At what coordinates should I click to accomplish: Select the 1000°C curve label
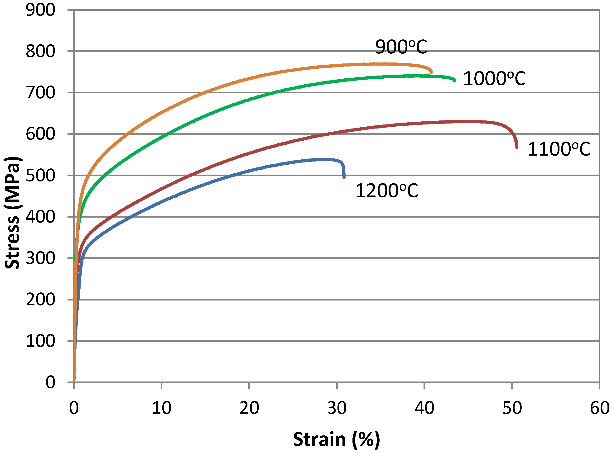click(494, 79)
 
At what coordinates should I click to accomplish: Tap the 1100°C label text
click(559, 149)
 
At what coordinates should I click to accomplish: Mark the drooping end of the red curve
click(516, 147)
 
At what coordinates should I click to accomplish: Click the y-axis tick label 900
click(40, 10)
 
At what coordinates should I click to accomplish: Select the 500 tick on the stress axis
click(40, 176)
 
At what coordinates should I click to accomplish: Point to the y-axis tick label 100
click(40, 341)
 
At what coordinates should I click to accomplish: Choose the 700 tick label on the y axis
click(40, 93)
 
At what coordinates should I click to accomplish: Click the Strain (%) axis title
click(337, 439)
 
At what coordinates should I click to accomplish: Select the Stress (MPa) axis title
click(12, 213)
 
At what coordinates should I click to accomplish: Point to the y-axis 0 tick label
click(50, 382)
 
